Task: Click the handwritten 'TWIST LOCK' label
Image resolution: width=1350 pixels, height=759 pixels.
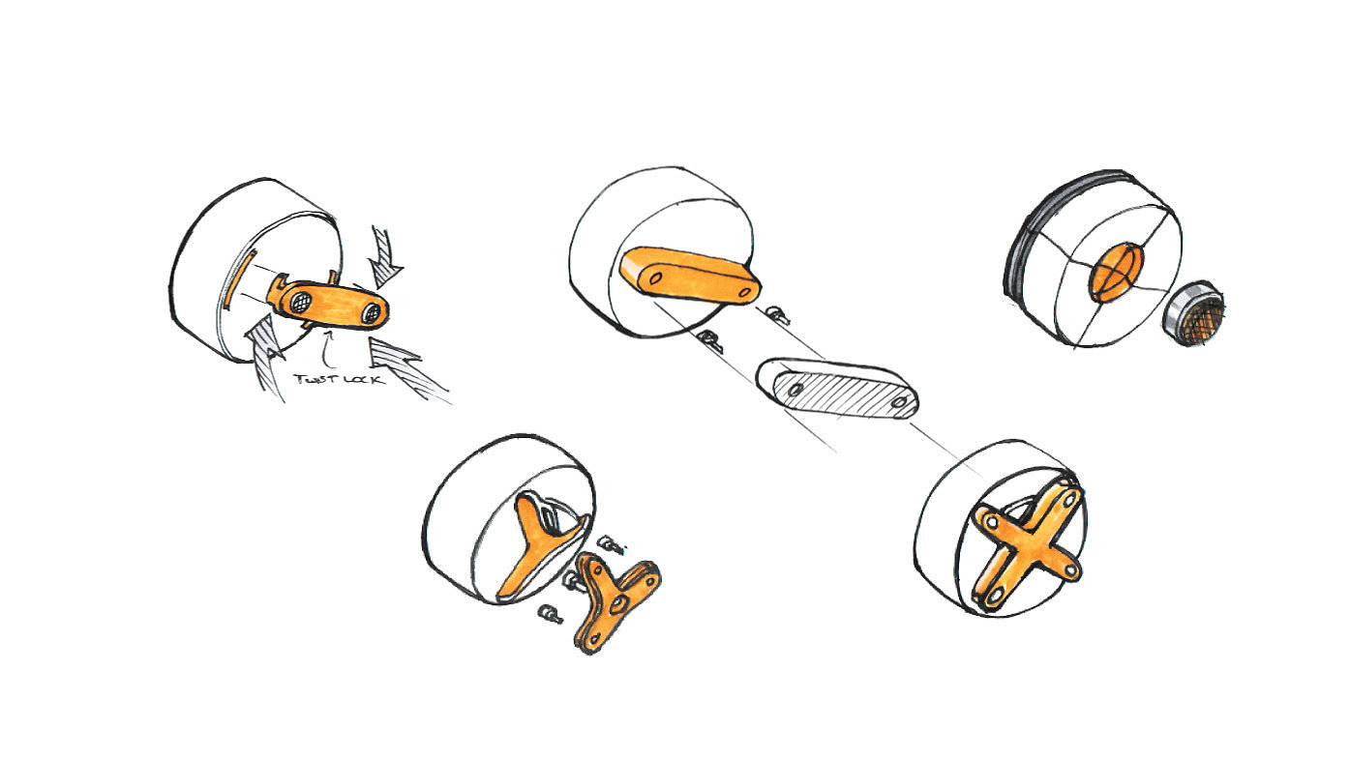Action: pyautogui.click(x=338, y=379)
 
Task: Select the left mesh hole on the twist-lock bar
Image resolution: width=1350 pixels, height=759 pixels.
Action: pyautogui.click(x=299, y=300)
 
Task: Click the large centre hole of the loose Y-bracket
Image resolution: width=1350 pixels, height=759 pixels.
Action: pyautogui.click(x=615, y=600)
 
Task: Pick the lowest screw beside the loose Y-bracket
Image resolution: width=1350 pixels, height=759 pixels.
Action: pyautogui.click(x=549, y=613)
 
